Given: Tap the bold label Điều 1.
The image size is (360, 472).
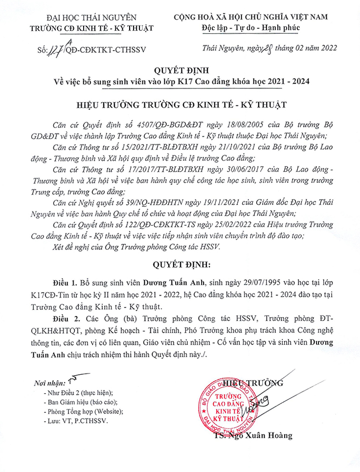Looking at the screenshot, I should pyautogui.click(x=66, y=283).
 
